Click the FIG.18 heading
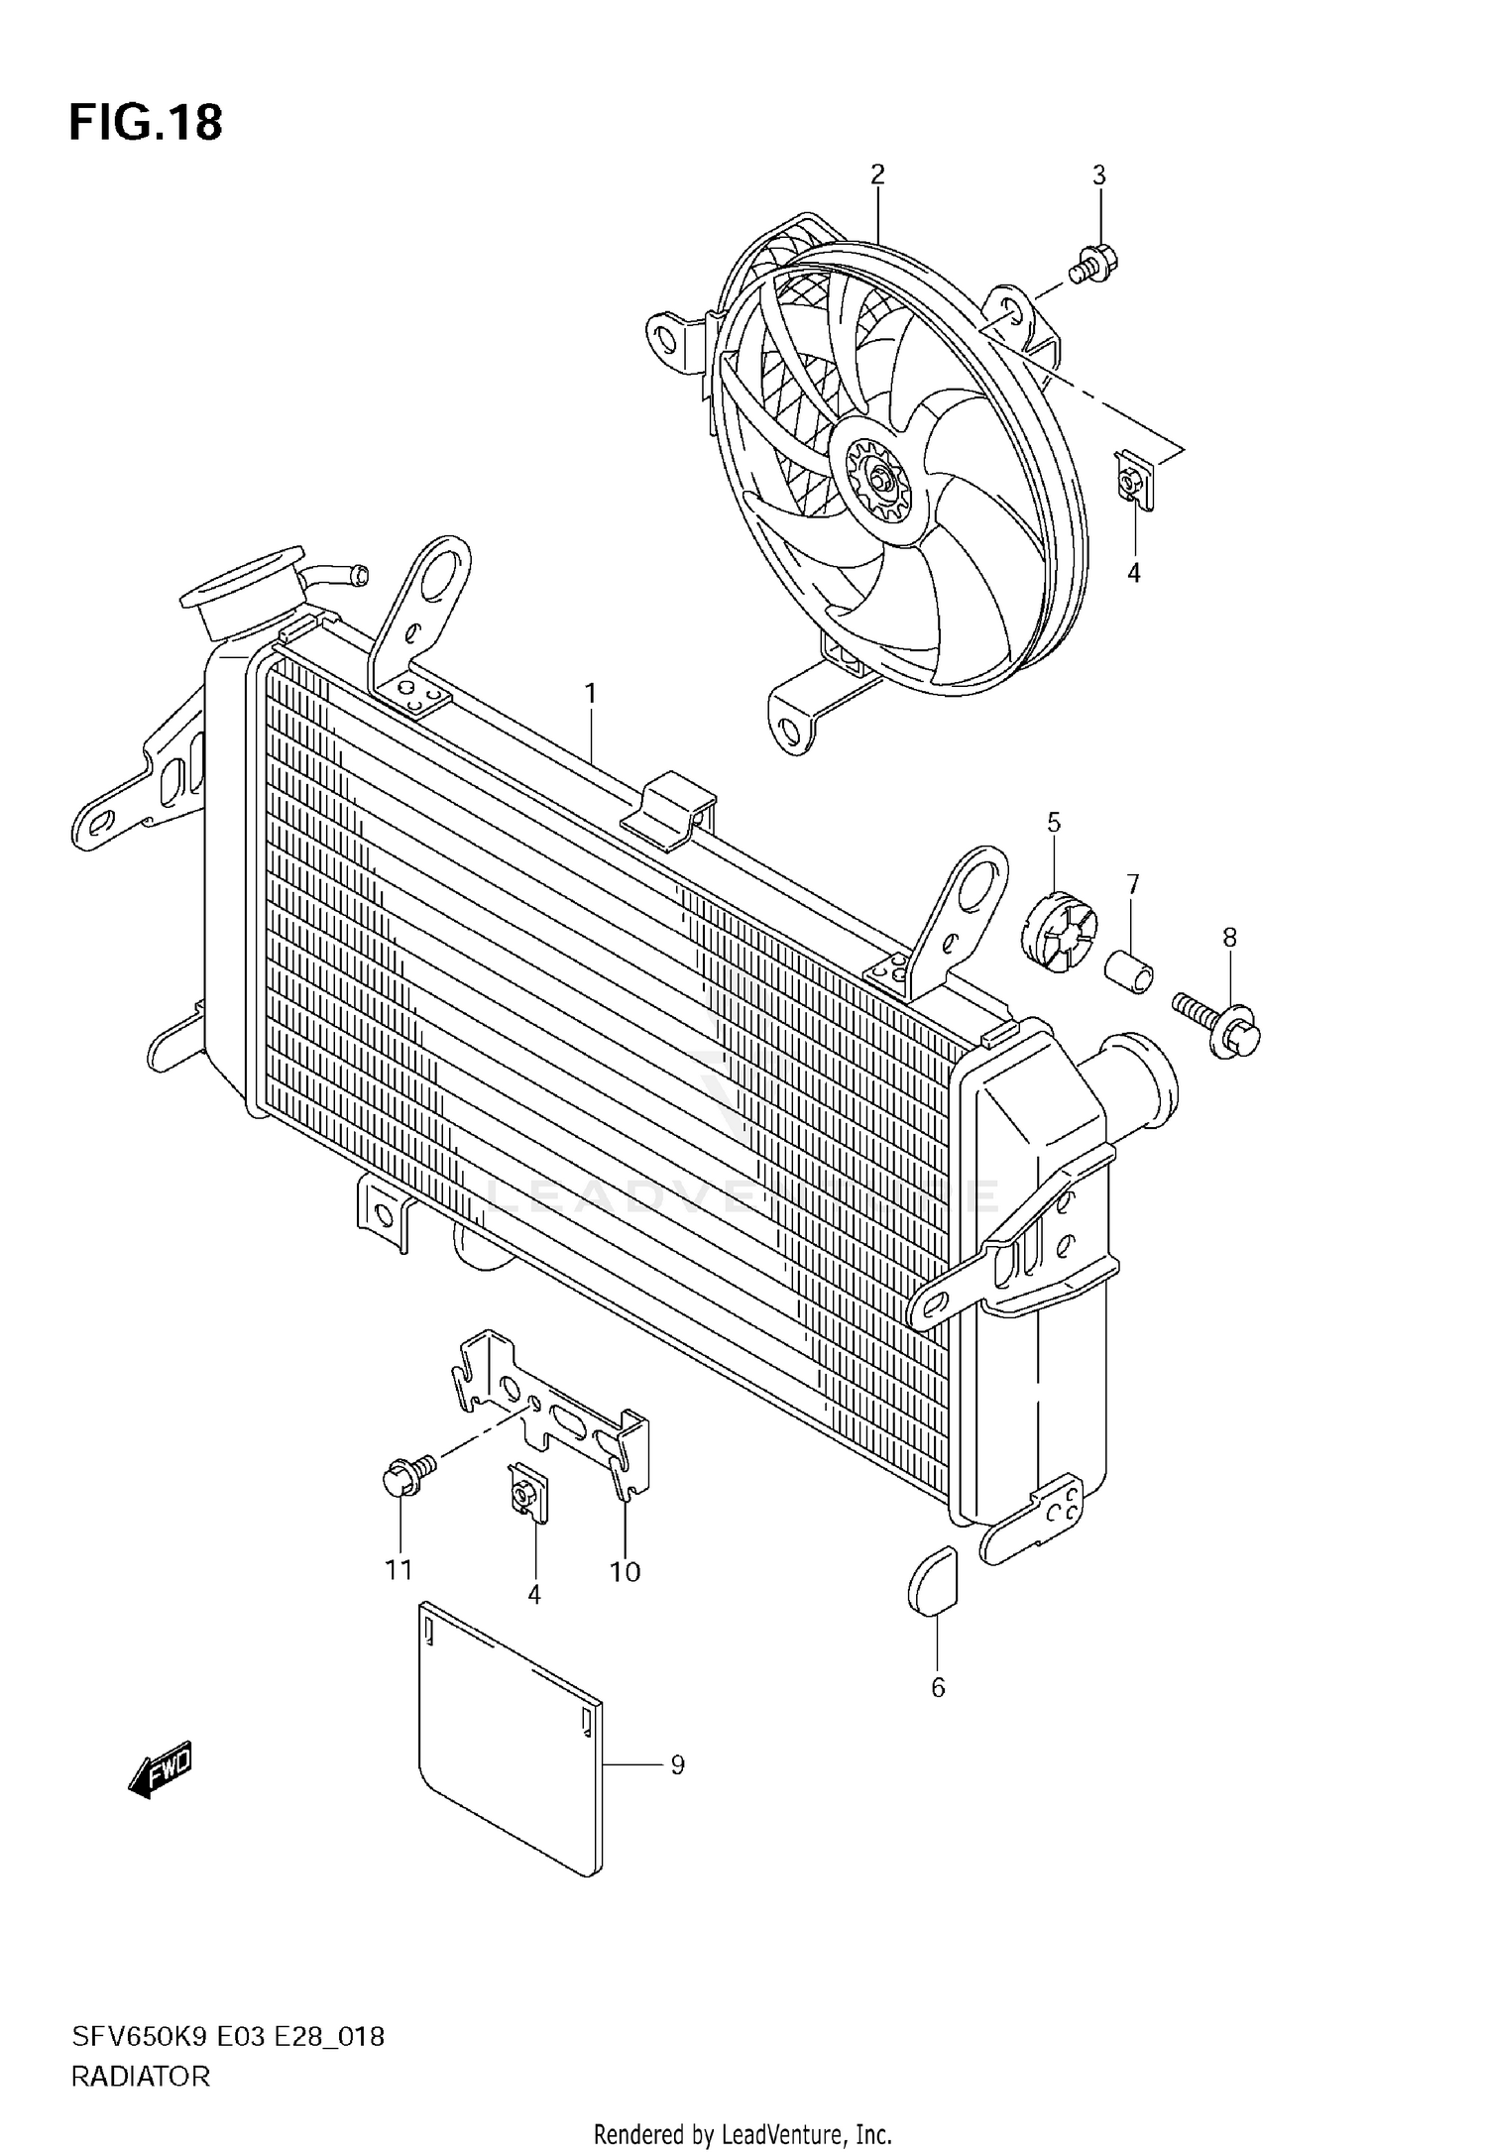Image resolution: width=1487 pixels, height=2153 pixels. (146, 123)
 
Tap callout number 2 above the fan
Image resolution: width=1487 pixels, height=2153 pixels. (876, 175)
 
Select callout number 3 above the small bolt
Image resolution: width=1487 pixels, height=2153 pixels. (1098, 175)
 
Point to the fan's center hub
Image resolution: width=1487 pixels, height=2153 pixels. (879, 482)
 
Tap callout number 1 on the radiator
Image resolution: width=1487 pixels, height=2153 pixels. (591, 694)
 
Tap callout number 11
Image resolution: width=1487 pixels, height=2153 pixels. (399, 1570)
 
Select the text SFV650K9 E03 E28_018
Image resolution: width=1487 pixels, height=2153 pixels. (227, 2038)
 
